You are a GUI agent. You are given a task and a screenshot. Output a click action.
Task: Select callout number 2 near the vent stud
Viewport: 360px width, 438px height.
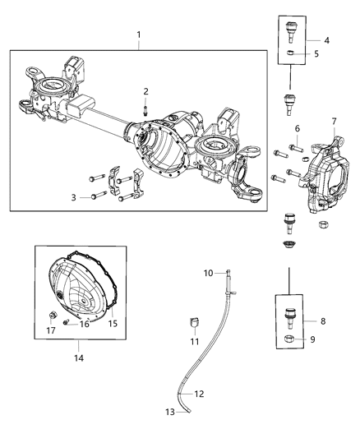point(145,90)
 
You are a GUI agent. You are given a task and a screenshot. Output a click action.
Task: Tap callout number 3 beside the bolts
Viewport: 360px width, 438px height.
point(74,197)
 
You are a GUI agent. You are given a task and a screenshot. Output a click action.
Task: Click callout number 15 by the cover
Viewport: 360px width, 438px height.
point(113,323)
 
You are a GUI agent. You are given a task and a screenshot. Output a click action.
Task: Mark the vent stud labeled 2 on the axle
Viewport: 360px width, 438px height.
point(145,107)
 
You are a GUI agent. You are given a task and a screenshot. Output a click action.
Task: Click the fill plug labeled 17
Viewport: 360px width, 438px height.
point(52,315)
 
